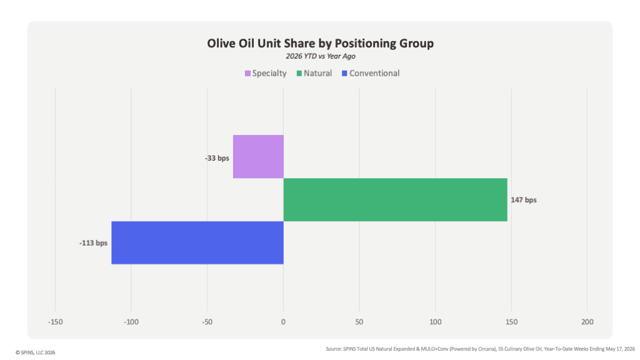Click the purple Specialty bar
[x=258, y=156]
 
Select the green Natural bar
[x=396, y=199]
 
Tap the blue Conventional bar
[x=197, y=243]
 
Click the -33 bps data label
[x=217, y=158]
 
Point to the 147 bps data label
[x=524, y=200]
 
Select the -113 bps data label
[x=94, y=243]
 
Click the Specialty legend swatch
[x=247, y=74]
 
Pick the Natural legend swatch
[x=299, y=74]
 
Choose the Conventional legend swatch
[x=344, y=74]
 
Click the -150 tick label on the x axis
[x=56, y=322]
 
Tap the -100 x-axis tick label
[x=131, y=322]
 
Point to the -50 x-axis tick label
[x=207, y=322]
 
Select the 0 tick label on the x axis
[x=283, y=322]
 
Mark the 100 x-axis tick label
[x=436, y=322]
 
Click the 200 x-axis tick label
[x=587, y=322]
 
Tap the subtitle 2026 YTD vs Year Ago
[x=321, y=56]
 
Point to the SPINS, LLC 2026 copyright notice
[x=36, y=352]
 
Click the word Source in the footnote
[x=334, y=349]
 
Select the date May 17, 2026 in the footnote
[x=621, y=349]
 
